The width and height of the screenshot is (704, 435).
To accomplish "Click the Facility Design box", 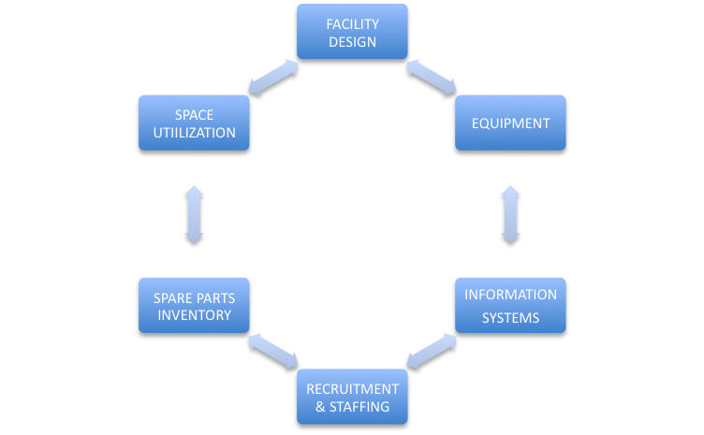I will (352, 32).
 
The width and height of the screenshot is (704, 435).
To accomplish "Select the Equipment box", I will (510, 123).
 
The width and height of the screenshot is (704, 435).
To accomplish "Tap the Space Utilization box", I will (194, 123).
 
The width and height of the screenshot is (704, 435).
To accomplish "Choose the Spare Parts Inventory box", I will (194, 306).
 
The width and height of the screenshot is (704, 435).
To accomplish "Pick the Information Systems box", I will (510, 306).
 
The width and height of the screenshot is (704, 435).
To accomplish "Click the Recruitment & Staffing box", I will (352, 397).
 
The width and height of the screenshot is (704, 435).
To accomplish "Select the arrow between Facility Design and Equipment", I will (432, 78).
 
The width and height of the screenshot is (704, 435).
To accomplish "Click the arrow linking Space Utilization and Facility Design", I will (272, 78).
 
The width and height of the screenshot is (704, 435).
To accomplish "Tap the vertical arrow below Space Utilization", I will (194, 216).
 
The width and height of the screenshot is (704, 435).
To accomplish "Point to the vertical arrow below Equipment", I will (510, 216).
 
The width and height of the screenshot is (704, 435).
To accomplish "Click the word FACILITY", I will (352, 23).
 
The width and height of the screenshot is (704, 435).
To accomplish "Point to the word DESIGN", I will (352, 41).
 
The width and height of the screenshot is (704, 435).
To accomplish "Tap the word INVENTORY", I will (194, 315).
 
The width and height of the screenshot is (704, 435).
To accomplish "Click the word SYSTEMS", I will (510, 318).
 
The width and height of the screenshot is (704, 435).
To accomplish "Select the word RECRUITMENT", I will (352, 388).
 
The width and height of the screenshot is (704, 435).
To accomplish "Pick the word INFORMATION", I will (510, 295).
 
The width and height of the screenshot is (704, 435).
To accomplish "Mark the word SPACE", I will (194, 115).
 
